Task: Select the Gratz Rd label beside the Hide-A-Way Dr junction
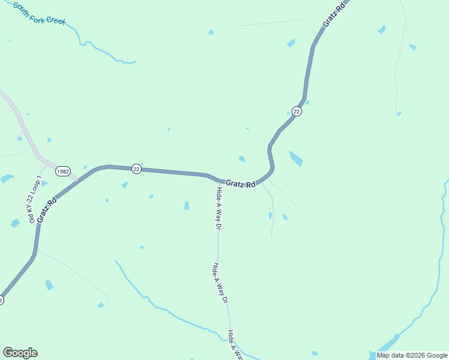[x=240, y=184]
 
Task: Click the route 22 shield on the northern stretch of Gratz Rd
[x=297, y=110]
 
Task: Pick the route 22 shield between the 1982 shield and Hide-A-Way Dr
[x=136, y=169]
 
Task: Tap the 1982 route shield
[x=63, y=172]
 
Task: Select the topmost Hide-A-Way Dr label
[x=219, y=209]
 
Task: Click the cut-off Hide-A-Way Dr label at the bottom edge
[x=236, y=345]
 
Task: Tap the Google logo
[x=20, y=353]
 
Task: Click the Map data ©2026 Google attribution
[x=412, y=355]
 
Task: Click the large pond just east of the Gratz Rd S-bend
[x=296, y=159]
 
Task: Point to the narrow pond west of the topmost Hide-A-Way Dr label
[x=187, y=206]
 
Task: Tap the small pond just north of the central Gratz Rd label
[x=241, y=159]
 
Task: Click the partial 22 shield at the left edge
[x=1, y=300]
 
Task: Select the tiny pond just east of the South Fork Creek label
[x=211, y=32]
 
